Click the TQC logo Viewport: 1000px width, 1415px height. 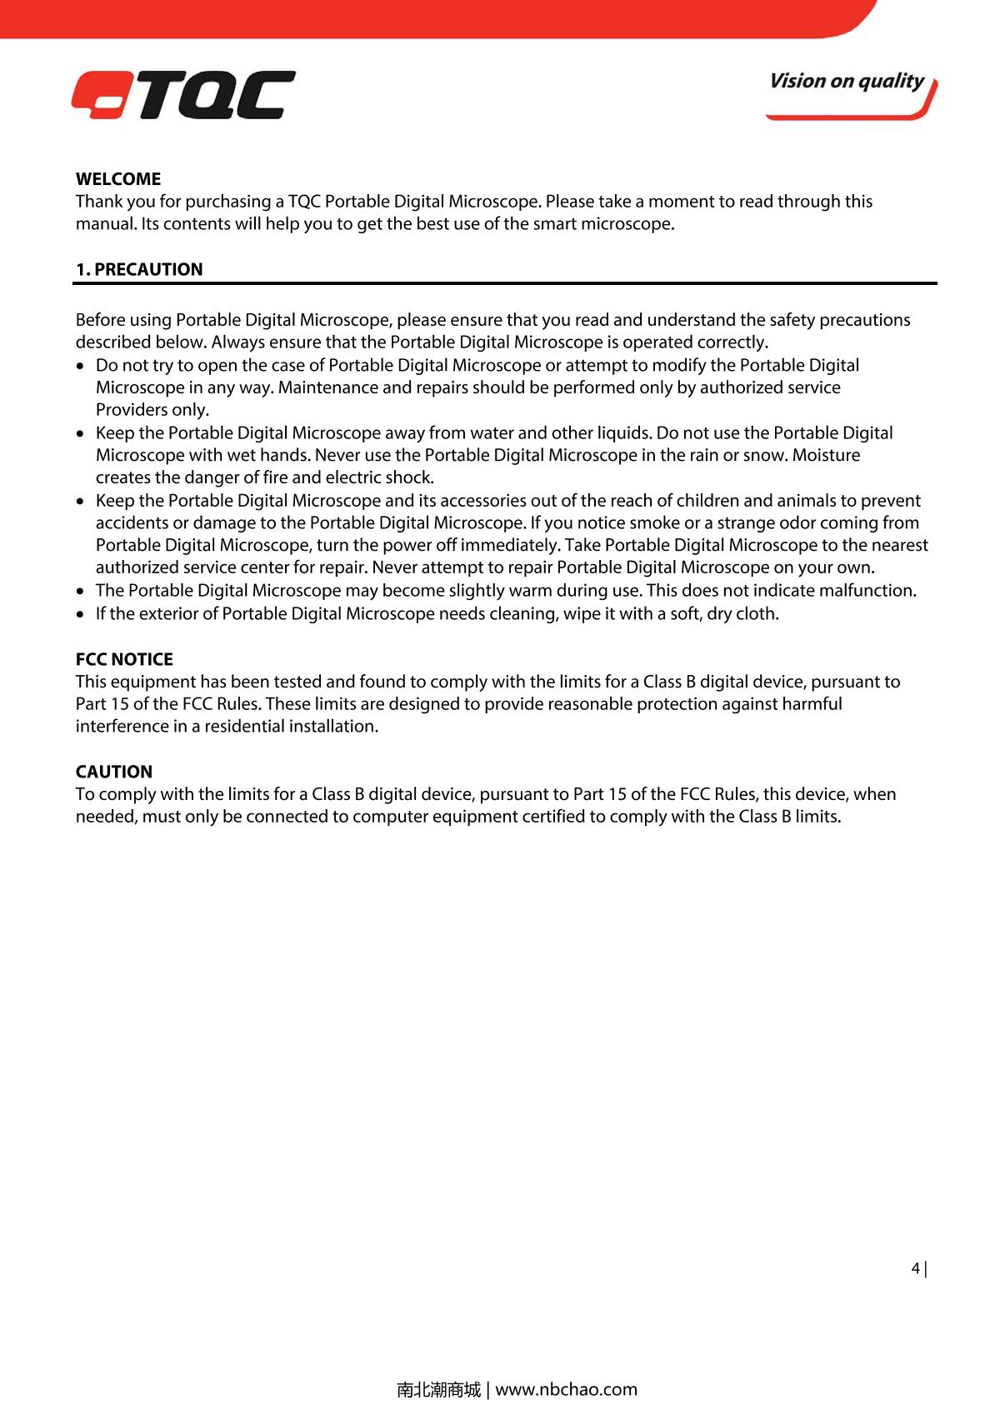click(x=183, y=95)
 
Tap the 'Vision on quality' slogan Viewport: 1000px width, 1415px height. click(x=846, y=82)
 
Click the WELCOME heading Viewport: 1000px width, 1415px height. click(x=118, y=179)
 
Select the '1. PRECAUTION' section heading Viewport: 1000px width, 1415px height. click(x=139, y=269)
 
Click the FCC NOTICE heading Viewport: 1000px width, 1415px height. click(x=124, y=659)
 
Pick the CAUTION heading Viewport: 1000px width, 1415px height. click(x=114, y=772)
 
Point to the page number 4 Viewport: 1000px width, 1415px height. click(x=916, y=1268)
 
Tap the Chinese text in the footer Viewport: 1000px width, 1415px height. click(x=438, y=1389)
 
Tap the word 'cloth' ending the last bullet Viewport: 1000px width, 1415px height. click(x=757, y=614)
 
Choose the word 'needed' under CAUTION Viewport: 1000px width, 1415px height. click(x=106, y=817)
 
